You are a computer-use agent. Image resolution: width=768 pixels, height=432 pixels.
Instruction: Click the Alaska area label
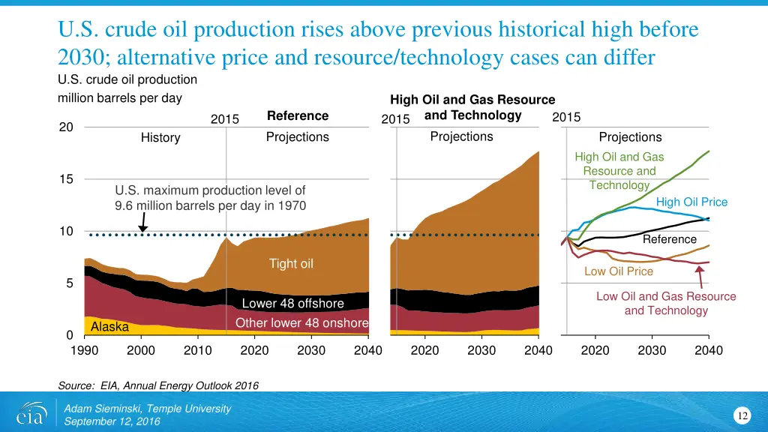[x=109, y=327]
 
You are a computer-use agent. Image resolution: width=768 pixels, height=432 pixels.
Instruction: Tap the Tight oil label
[x=291, y=263]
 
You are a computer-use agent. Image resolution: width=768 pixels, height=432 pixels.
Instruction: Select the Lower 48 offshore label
[x=292, y=304]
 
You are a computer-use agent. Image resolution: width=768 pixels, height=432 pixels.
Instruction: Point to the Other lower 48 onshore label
[x=301, y=323]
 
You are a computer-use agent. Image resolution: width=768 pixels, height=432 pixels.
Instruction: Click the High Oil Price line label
[x=691, y=202]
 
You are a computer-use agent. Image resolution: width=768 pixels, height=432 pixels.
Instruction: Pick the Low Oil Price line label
[x=618, y=271]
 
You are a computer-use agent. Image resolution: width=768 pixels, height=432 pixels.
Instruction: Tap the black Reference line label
[x=669, y=239]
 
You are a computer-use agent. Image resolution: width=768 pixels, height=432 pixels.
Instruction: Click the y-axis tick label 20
[x=66, y=127]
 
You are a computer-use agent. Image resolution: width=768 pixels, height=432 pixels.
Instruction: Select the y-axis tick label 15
[x=66, y=179]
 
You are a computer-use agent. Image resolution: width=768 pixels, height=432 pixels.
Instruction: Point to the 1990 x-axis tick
[x=85, y=350]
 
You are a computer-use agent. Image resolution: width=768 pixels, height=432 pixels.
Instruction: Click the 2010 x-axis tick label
[x=198, y=350]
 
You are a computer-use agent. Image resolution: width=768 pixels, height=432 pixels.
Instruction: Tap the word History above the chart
[x=160, y=138]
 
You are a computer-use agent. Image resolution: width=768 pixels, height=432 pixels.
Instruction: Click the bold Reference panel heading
[x=298, y=116]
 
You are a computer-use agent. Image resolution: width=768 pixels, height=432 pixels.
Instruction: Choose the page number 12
[x=743, y=416]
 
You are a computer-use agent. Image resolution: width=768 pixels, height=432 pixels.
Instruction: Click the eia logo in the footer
[x=31, y=414]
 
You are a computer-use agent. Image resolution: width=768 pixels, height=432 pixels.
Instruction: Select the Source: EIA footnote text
[x=157, y=385]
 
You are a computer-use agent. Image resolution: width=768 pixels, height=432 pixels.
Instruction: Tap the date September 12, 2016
[x=112, y=421]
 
